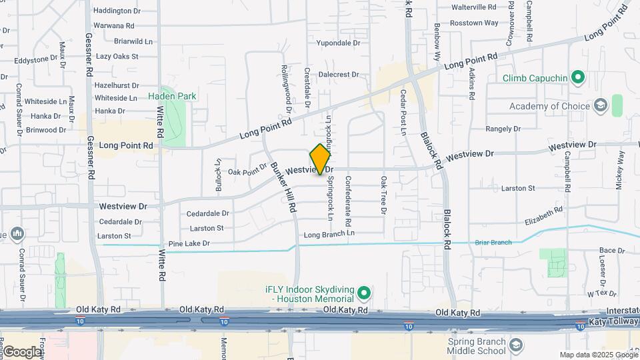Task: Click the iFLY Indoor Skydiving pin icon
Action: click(x=363, y=293)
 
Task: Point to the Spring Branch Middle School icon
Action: click(x=515, y=345)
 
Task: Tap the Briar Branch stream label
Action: click(x=493, y=243)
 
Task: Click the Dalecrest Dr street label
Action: click(x=338, y=75)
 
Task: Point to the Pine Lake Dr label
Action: click(x=189, y=244)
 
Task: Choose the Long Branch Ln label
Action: click(x=329, y=235)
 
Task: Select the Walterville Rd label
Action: click(x=474, y=7)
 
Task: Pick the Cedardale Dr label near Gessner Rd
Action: click(x=120, y=221)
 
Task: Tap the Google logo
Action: click(x=22, y=351)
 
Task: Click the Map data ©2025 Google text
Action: click(x=598, y=355)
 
